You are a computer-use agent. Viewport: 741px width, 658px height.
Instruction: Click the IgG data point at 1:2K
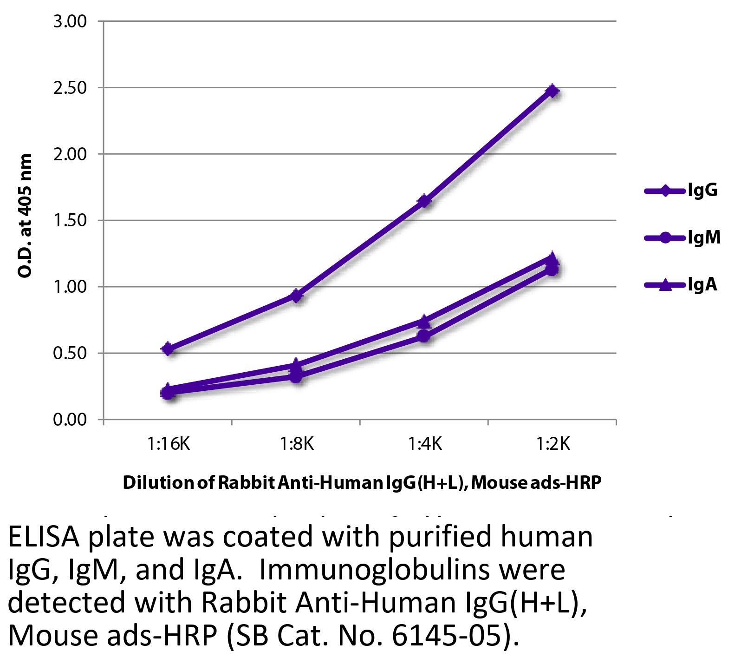tap(552, 91)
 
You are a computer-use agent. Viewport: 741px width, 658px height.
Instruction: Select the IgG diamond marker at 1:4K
tap(424, 201)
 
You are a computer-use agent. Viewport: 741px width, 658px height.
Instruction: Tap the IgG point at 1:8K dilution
tap(296, 296)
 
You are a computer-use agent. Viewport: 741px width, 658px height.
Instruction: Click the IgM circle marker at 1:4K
tap(424, 336)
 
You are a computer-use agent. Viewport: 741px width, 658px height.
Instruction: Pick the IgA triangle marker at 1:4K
tap(424, 321)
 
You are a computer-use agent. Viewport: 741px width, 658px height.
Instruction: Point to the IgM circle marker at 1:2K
tap(552, 270)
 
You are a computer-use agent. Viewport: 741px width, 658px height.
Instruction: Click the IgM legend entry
tap(682, 238)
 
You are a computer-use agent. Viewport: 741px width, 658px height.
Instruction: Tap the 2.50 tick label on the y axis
tap(70, 87)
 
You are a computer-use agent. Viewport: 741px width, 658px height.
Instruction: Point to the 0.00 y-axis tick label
tap(70, 420)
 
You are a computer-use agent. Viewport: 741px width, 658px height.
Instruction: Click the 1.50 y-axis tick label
tap(70, 220)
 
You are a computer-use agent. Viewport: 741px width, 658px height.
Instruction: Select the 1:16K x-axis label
tap(169, 445)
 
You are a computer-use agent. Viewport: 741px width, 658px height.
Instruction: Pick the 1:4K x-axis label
tap(425, 445)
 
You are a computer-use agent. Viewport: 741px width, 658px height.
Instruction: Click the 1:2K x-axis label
tap(552, 445)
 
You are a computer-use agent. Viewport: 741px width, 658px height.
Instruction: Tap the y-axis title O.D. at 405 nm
tap(25, 216)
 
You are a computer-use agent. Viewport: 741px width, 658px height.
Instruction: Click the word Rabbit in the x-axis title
tap(247, 483)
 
